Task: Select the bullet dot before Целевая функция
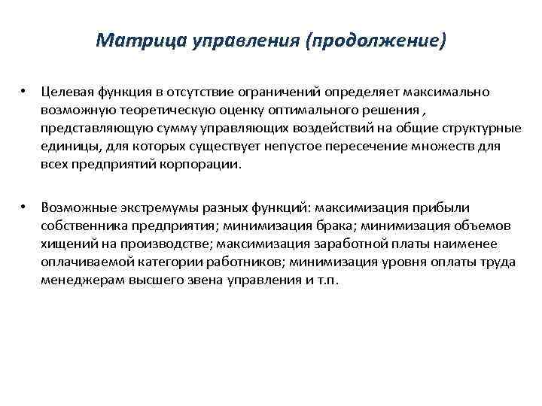click(24, 91)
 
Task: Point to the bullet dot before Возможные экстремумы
click(24, 205)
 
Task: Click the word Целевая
click(66, 92)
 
